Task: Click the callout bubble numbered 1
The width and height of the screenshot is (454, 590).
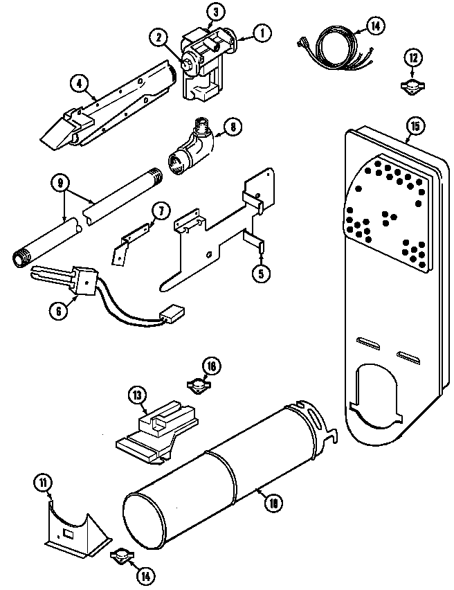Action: pyautogui.click(x=262, y=33)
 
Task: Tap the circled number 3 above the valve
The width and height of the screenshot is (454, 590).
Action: pyautogui.click(x=215, y=12)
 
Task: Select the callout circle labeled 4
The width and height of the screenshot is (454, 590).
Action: pyautogui.click(x=80, y=84)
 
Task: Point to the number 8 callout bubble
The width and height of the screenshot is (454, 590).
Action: pyautogui.click(x=233, y=127)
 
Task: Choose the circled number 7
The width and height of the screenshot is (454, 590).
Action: pyautogui.click(x=160, y=211)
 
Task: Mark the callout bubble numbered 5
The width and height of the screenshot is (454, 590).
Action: pyautogui.click(x=260, y=273)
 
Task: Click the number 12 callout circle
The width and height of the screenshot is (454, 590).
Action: pyautogui.click(x=412, y=57)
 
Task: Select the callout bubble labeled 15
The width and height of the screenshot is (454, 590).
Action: pyautogui.click(x=415, y=126)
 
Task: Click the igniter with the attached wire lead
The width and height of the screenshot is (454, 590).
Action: pyautogui.click(x=69, y=279)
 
